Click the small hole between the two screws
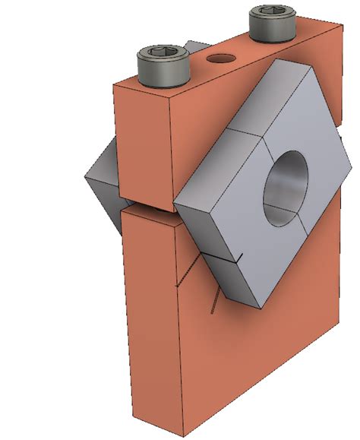point(219,58)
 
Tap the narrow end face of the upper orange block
point(143,144)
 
